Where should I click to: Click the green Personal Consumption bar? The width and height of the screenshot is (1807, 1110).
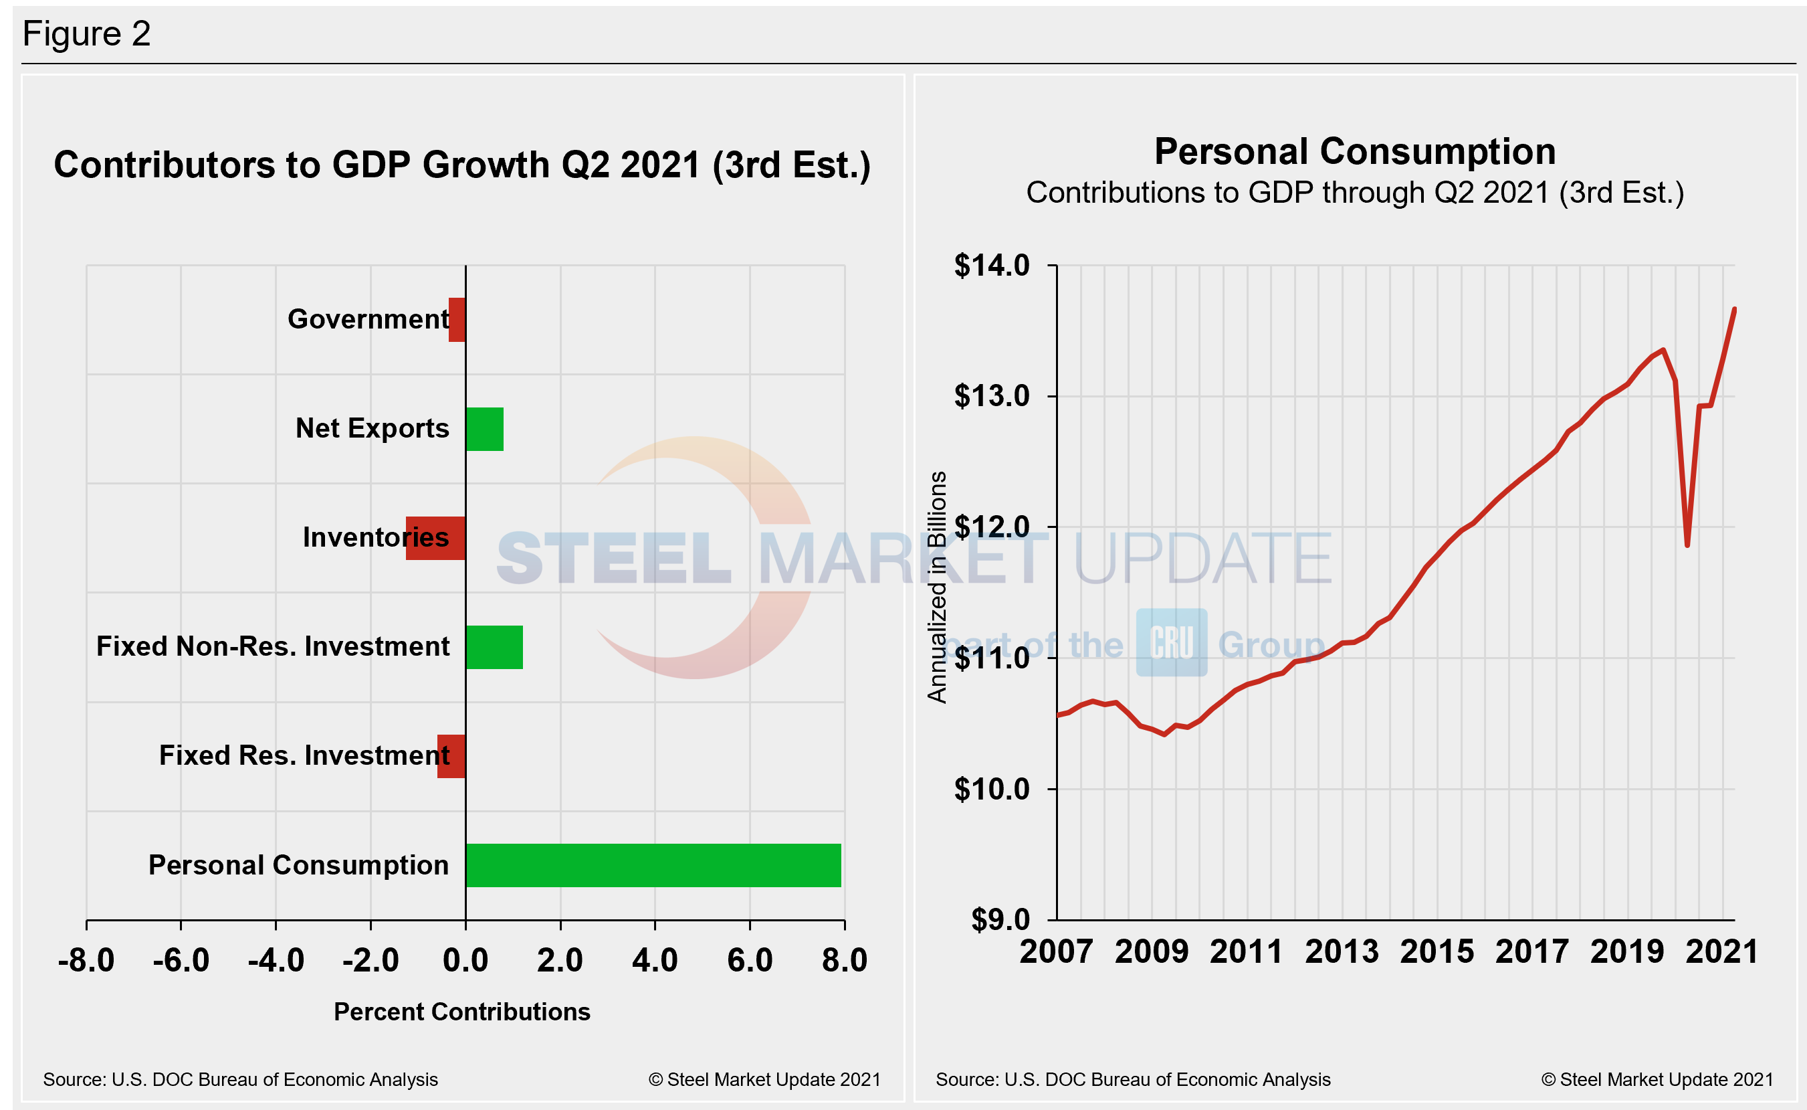(x=653, y=865)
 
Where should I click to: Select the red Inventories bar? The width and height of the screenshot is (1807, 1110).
(x=435, y=538)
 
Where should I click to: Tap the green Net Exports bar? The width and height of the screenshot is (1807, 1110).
(x=484, y=429)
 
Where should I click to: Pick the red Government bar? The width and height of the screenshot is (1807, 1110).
(x=457, y=319)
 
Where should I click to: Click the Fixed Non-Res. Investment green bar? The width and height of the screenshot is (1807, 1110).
(x=494, y=647)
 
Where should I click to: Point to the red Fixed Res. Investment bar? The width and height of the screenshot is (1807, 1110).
(x=451, y=756)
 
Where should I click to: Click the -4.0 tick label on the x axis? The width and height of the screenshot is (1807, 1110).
(x=276, y=960)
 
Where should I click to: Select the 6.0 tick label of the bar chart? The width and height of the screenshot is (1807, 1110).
(x=750, y=960)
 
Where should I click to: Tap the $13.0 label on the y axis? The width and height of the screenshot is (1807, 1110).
(x=992, y=396)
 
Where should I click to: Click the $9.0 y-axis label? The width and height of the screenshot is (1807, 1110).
(x=1000, y=919)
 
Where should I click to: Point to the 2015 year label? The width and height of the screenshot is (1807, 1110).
(x=1437, y=952)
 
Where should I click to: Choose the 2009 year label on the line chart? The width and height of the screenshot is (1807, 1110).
(x=1151, y=952)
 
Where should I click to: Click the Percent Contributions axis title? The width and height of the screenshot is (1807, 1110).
(x=461, y=1012)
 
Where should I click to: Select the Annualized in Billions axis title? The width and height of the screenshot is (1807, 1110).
(x=937, y=587)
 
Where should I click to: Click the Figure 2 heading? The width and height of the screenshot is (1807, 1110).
(x=86, y=33)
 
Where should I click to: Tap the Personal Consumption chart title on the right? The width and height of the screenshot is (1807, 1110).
(x=1354, y=152)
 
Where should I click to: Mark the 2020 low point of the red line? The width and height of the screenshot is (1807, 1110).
(x=1687, y=545)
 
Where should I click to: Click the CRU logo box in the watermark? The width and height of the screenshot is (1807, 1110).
(x=1171, y=642)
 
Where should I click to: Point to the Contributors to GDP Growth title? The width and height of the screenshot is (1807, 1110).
(x=461, y=165)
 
